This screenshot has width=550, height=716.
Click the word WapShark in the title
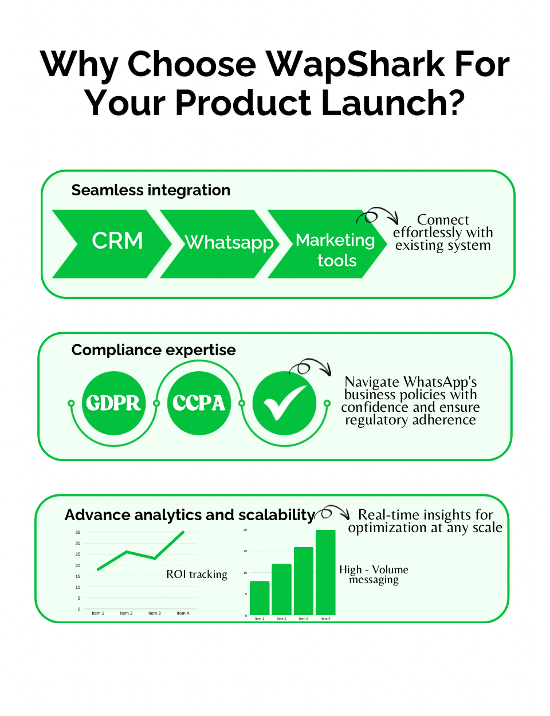click(x=355, y=64)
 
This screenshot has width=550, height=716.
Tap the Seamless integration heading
click(x=151, y=190)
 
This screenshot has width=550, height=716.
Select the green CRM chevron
click(x=112, y=244)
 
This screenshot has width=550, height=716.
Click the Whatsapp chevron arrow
click(x=220, y=244)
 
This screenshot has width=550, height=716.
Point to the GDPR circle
click(x=113, y=403)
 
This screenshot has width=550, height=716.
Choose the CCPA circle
click(x=199, y=403)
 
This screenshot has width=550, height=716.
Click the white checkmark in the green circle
click(x=284, y=403)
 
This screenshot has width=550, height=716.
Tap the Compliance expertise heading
click(x=154, y=349)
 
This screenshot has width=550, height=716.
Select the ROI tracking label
click(x=197, y=574)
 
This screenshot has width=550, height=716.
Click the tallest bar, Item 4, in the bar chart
click(x=325, y=572)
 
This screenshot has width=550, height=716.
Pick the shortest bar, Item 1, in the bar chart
click(x=260, y=598)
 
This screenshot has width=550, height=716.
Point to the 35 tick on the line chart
click(x=78, y=532)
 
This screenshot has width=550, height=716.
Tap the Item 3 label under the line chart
click(x=155, y=613)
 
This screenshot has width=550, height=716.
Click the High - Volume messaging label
click(x=374, y=575)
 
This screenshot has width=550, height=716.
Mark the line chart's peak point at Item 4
click(x=183, y=532)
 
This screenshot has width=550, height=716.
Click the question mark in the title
click(x=455, y=102)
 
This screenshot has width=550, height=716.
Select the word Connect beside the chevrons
click(x=443, y=219)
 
